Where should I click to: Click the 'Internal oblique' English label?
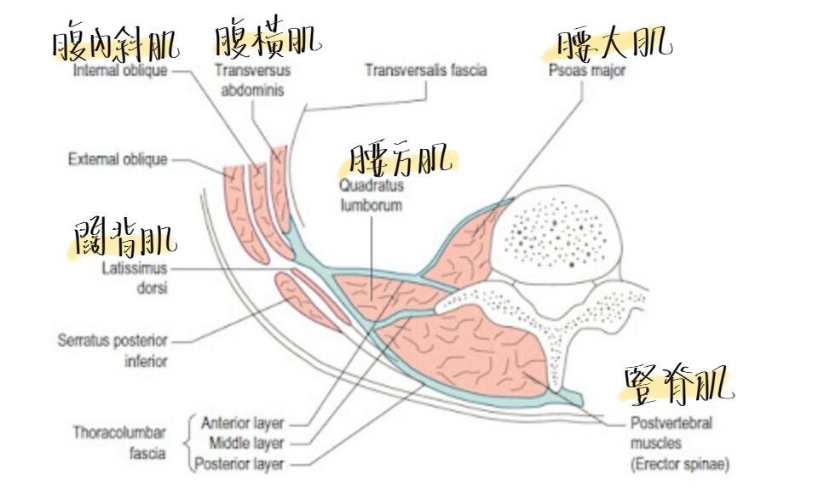[120, 71]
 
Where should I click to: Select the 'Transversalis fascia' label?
[426, 70]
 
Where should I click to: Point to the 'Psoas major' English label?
[587, 71]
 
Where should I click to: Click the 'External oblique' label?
[118, 159]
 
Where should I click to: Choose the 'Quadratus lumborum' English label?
[371, 195]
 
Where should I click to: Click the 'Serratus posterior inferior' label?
[112, 350]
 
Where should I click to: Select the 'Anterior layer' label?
[242, 422]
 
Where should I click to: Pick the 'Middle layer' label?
[246, 443]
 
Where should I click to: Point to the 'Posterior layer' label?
[239, 464]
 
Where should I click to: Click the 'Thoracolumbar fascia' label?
[119, 443]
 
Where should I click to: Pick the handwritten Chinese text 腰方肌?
[400, 159]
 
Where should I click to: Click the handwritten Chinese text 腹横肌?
[268, 38]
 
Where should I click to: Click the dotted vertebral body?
[563, 232]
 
